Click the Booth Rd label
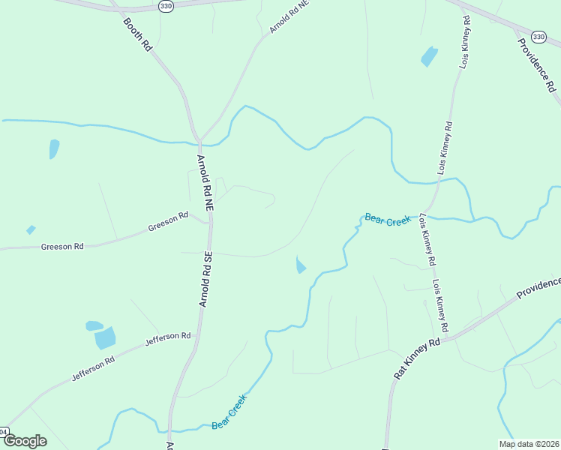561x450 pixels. (137, 34)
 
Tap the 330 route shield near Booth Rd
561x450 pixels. (166, 6)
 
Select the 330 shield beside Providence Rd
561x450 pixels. (538, 36)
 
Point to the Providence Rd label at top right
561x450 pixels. (538, 64)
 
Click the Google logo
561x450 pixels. (24, 440)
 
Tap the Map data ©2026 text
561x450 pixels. (529, 443)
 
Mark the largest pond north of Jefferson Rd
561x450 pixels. (105, 337)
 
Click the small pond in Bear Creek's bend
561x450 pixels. (301, 265)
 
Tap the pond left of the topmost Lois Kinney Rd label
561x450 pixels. (428, 56)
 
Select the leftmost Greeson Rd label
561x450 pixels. (62, 245)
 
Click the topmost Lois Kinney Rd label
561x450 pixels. (466, 42)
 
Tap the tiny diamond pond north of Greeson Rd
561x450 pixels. (31, 229)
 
